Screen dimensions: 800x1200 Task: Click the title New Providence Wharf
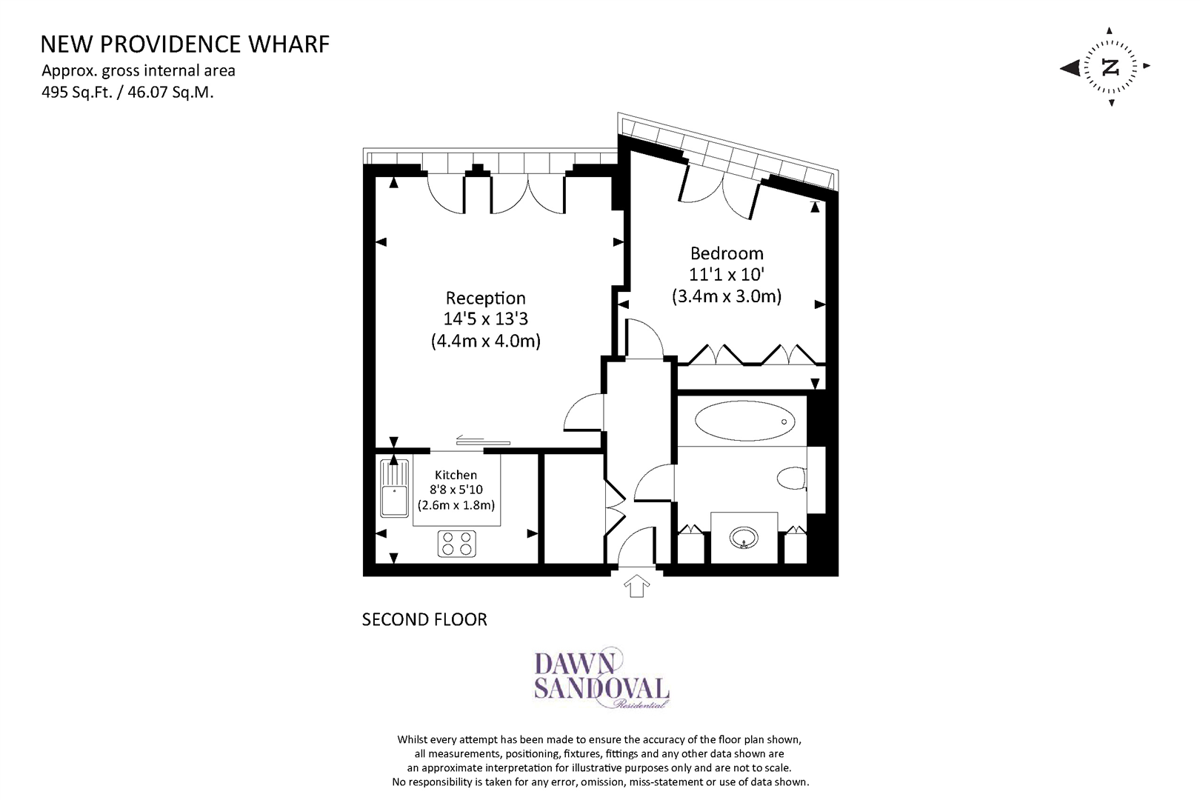click(x=184, y=44)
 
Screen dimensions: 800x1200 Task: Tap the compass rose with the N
click(x=1109, y=67)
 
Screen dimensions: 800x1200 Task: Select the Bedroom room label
click(x=727, y=253)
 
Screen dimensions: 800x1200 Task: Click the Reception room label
click(x=485, y=298)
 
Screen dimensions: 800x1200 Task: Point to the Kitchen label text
click(x=456, y=475)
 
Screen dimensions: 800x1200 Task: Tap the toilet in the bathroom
click(x=791, y=479)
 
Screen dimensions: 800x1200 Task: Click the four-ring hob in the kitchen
click(x=456, y=544)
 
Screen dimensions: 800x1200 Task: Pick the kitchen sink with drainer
click(x=394, y=488)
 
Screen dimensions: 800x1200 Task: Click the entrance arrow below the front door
click(x=637, y=587)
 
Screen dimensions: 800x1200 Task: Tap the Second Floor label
click(x=424, y=619)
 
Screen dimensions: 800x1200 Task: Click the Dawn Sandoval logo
click(x=601, y=678)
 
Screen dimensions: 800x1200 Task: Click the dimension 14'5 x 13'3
click(x=485, y=319)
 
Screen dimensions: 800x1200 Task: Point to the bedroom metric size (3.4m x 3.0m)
click(x=727, y=297)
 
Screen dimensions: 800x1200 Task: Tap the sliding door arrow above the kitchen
click(x=469, y=437)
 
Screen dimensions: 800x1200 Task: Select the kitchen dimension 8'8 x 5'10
click(x=456, y=490)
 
